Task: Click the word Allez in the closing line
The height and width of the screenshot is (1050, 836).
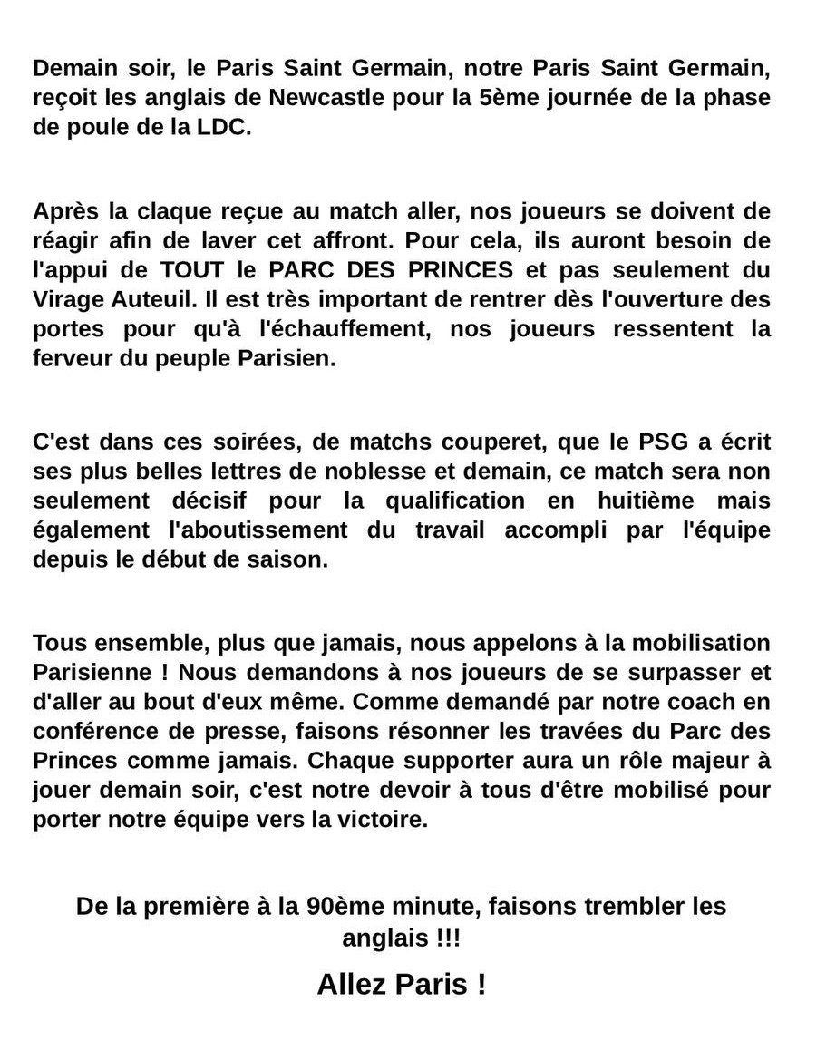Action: pos(356,985)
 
